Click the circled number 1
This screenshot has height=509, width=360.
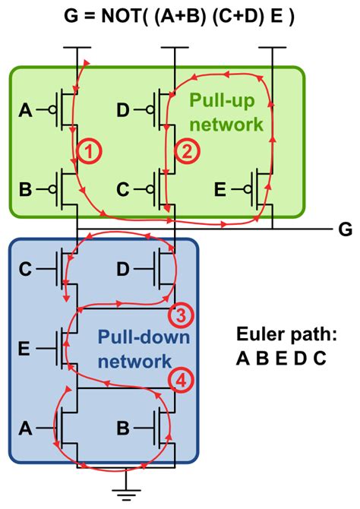89,152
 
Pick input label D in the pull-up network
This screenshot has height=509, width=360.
122,112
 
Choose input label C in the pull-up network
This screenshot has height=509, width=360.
122,188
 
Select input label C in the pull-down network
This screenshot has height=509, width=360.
26,269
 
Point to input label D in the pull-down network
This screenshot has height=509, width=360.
124,269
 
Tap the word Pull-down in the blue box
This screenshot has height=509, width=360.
132,335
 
